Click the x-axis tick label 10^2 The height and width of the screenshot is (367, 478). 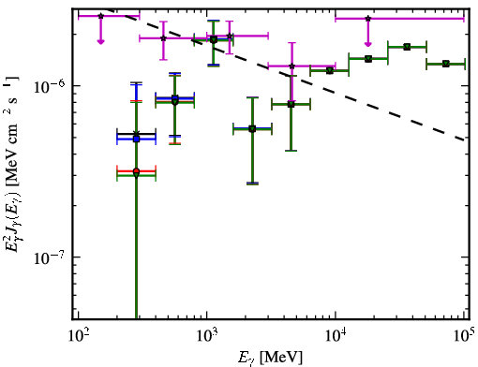point(78,335)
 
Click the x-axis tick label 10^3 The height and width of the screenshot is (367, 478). point(207,335)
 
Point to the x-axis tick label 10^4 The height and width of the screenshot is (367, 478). point(336,335)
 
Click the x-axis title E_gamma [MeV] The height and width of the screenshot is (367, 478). point(271,358)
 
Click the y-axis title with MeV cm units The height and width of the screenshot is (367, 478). point(11,164)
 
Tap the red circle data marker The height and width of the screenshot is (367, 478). point(136,171)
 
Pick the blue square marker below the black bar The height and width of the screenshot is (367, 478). point(136,139)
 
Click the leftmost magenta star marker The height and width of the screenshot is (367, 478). point(100,16)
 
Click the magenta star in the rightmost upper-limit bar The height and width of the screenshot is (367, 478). point(368,19)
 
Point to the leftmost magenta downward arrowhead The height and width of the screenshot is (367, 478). point(100,42)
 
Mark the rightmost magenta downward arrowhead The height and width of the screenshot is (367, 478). point(368,44)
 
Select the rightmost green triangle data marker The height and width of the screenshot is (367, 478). point(446,64)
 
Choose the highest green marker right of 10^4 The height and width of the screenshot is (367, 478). point(407,47)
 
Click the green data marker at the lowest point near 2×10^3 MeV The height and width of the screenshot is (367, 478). point(252,129)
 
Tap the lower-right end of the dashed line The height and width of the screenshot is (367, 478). point(464,139)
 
